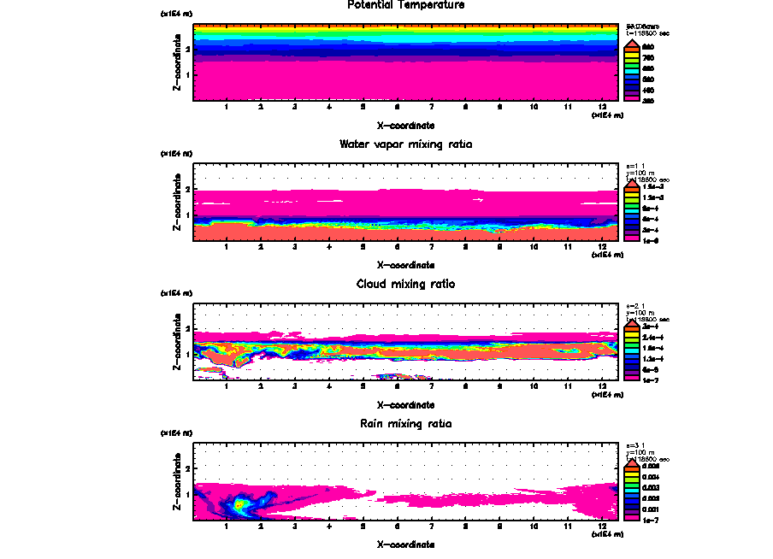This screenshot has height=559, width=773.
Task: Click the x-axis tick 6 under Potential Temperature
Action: pyautogui.click(x=397, y=107)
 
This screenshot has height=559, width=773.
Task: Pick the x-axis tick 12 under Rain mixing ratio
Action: pyautogui.click(x=602, y=526)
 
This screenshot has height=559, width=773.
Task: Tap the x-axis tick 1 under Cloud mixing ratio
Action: pyautogui.click(x=226, y=386)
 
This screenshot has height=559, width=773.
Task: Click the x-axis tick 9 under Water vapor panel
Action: pyautogui.click(x=499, y=247)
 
